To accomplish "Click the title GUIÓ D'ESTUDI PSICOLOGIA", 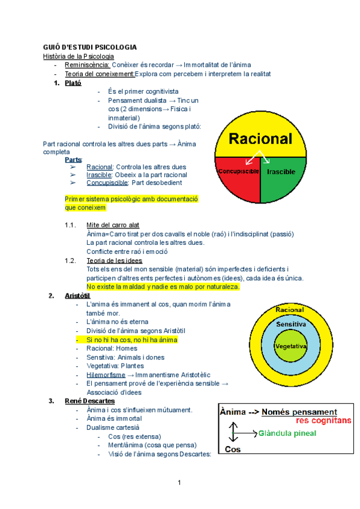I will [89, 47].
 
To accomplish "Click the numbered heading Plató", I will [73, 83].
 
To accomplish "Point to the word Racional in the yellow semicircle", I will [260, 139].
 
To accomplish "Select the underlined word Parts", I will [74, 160].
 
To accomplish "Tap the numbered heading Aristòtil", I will [77, 296].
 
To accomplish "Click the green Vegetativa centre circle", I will [290, 347].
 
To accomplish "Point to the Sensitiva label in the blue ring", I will [291, 324].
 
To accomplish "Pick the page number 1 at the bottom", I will [179, 482].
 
